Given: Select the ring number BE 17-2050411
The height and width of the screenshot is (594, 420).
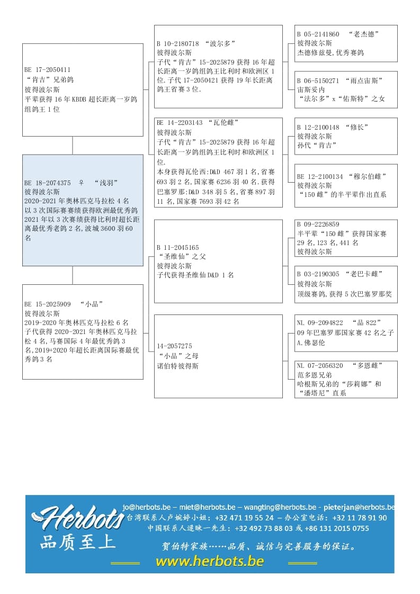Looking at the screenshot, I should point(48,70).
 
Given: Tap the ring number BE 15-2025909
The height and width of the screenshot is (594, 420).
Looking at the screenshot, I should point(48,304).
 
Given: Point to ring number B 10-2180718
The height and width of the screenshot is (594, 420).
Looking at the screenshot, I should point(178,43).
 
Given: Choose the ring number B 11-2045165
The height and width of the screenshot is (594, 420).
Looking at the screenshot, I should point(178,247).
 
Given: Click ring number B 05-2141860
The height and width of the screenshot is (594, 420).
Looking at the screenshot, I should point(318,34).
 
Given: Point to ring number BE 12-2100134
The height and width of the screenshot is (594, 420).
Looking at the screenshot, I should point(320,176).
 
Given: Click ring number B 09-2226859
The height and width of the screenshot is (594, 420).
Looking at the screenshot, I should point(318,224).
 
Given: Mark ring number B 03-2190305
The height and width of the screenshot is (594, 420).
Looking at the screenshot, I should point(318,274).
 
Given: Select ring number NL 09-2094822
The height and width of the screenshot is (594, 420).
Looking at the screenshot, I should point(320,322).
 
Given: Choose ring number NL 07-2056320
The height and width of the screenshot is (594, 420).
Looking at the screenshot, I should point(320,366).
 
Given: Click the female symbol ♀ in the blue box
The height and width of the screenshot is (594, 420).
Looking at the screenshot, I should point(82,183).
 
